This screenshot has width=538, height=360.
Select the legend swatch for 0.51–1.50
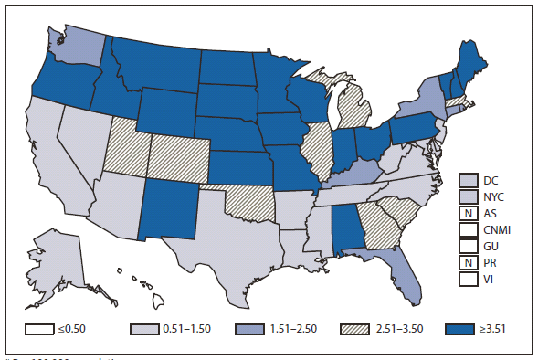[x=142, y=328]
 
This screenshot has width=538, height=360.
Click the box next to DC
[x=468, y=179]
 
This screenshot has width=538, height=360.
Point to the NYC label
[x=499, y=196]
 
